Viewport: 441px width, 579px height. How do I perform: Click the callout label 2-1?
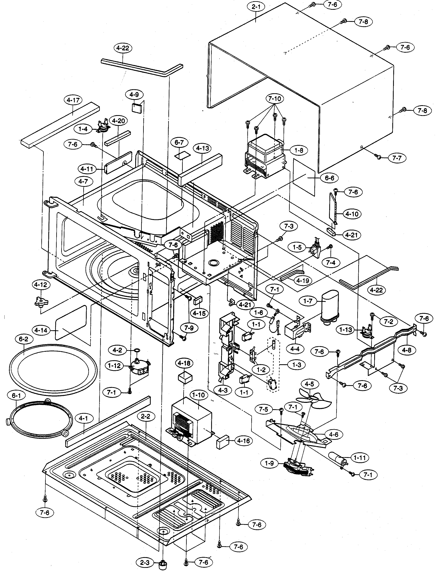pyautogui.click(x=256, y=7)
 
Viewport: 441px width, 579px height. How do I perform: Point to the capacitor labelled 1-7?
pyautogui.click(x=330, y=306)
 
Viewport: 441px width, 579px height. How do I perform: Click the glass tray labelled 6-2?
pyautogui.click(x=53, y=369)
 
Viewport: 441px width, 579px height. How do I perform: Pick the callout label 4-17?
pyautogui.click(x=73, y=100)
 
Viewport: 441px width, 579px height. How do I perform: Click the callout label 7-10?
pyautogui.click(x=275, y=99)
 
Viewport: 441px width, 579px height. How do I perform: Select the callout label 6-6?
pyautogui.click(x=329, y=178)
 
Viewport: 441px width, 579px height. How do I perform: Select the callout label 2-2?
pyautogui.click(x=146, y=417)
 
